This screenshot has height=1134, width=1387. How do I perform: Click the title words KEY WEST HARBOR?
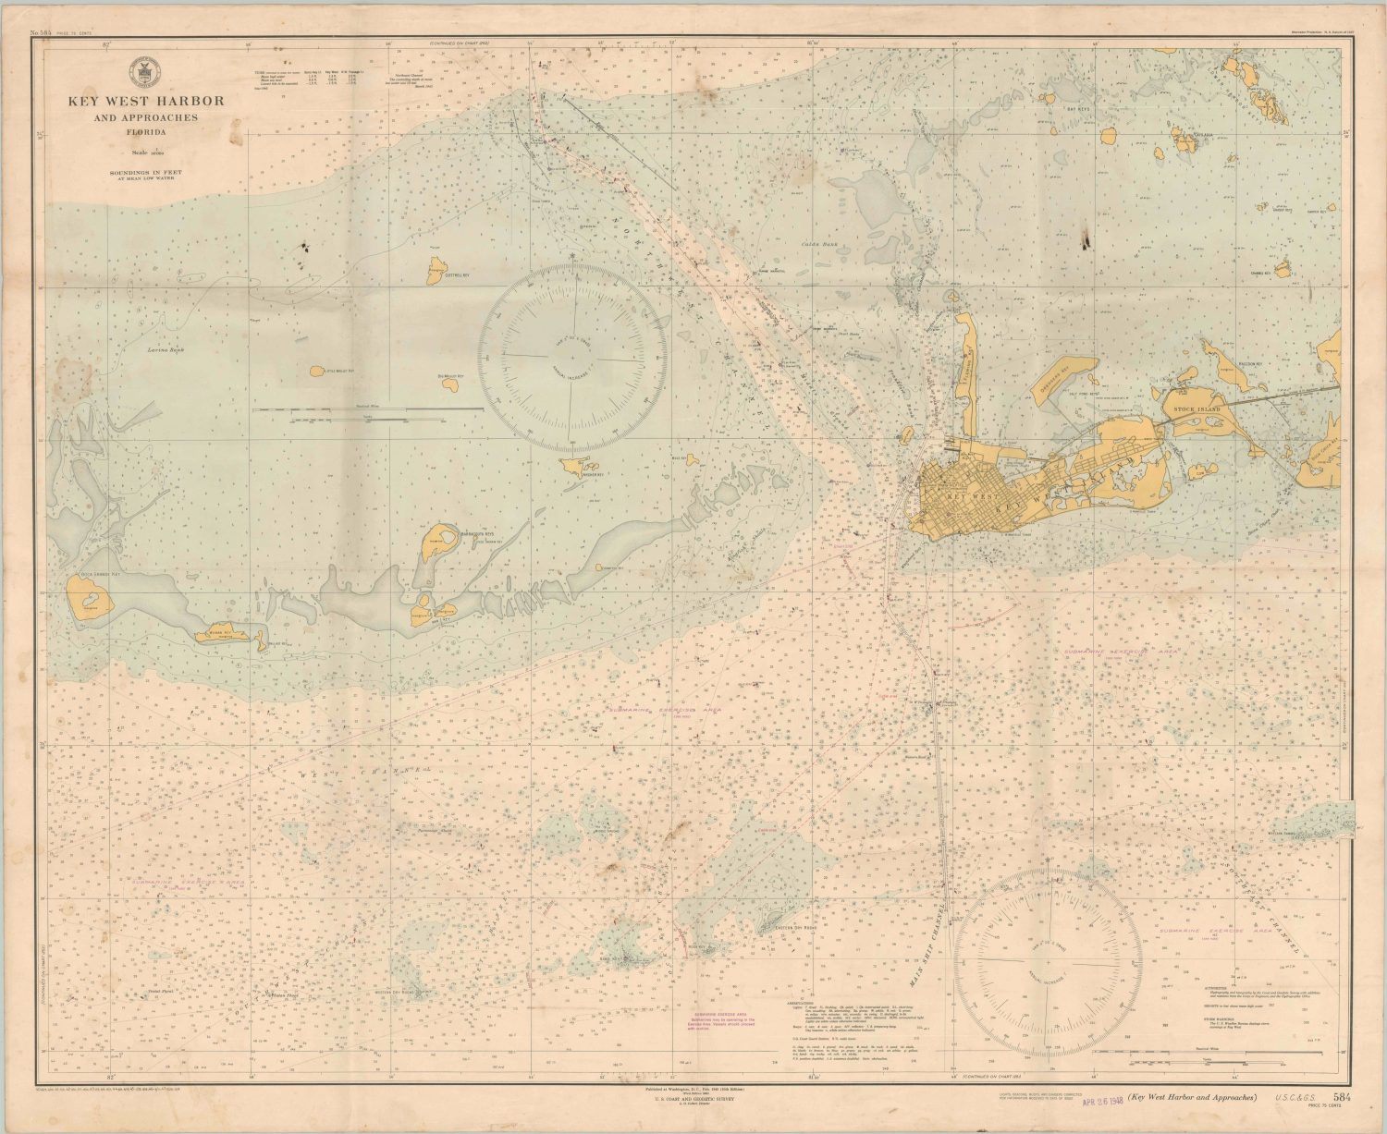(144, 101)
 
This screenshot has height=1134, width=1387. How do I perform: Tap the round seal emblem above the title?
(144, 71)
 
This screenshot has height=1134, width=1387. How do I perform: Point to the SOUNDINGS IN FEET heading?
(143, 171)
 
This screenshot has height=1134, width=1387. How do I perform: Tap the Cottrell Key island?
(436, 271)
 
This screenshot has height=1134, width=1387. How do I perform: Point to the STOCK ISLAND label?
(1197, 408)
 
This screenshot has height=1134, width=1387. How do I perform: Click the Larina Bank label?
(166, 350)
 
